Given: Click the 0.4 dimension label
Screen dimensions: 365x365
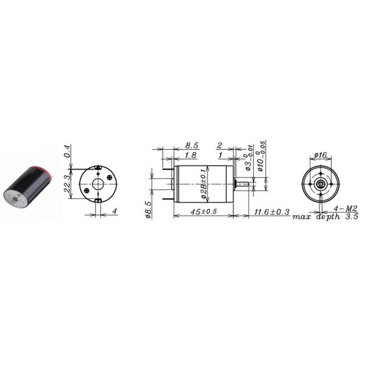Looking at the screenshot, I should tap(68, 150).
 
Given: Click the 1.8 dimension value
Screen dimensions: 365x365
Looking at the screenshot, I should tap(190, 156).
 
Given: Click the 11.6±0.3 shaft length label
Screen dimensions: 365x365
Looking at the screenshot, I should tap(271, 212).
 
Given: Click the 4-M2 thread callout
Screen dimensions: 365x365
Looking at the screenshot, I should tap(345, 209).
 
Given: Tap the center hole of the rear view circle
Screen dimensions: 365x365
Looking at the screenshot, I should tap(96, 182).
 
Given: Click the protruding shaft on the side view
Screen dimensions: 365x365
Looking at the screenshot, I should tap(242, 182).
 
